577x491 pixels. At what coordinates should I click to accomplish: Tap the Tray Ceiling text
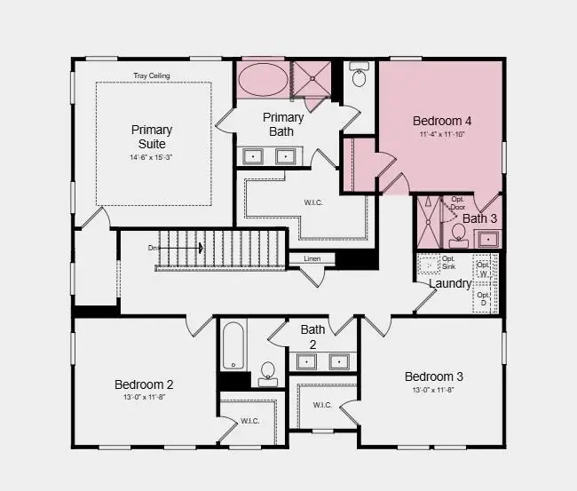coord(152,76)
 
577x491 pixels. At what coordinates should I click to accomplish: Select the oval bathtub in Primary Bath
coord(263,80)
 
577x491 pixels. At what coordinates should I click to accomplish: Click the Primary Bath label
coord(284,124)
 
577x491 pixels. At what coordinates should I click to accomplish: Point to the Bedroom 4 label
coord(442,120)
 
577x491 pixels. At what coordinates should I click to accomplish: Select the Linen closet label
coord(312,258)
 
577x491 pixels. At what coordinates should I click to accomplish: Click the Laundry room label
coord(450,283)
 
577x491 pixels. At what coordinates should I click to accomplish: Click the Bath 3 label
coord(480,218)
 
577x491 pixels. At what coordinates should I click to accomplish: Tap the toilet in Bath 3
coord(459,233)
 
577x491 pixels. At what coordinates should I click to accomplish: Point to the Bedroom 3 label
coord(433,376)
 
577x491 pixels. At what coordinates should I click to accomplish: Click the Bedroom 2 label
coord(144,384)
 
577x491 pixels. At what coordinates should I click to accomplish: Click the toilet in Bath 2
coord(267,376)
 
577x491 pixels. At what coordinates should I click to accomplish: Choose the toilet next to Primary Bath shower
coord(360,77)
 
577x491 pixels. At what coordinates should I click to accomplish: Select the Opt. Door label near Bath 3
coord(458,203)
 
